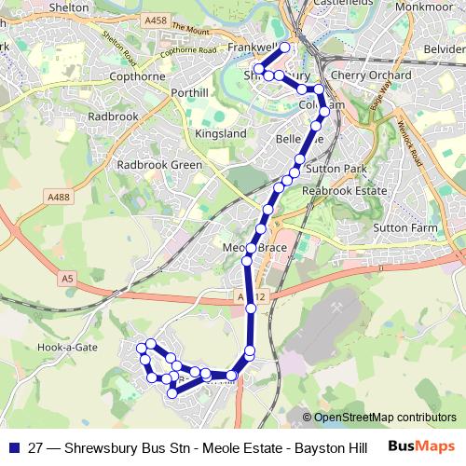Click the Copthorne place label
[137, 75]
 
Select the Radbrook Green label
[159, 164]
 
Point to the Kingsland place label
[220, 133]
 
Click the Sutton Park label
[336, 171]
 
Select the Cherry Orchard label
[370, 75]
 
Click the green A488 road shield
[58, 197]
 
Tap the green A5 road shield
[66, 278]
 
